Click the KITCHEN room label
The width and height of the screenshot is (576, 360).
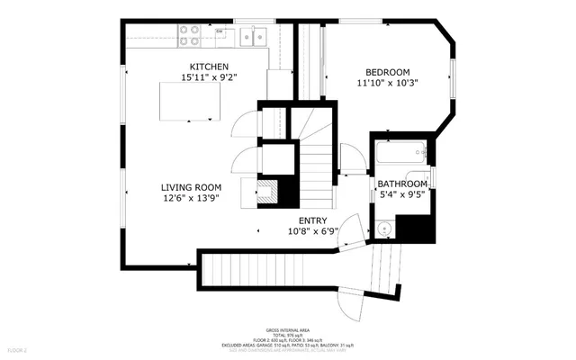click(x=209, y=67)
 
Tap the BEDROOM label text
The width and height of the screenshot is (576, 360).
click(x=387, y=72)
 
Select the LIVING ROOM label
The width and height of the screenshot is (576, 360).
click(x=190, y=187)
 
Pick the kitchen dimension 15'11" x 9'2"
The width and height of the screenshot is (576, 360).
click(x=209, y=77)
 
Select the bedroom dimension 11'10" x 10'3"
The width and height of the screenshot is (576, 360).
click(x=387, y=83)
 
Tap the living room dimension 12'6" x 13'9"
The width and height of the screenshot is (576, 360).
click(x=190, y=198)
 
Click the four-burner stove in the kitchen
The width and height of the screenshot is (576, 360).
click(x=189, y=35)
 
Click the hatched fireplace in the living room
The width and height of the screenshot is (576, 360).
click(x=267, y=191)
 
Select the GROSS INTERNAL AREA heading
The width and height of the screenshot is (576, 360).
click(x=287, y=331)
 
